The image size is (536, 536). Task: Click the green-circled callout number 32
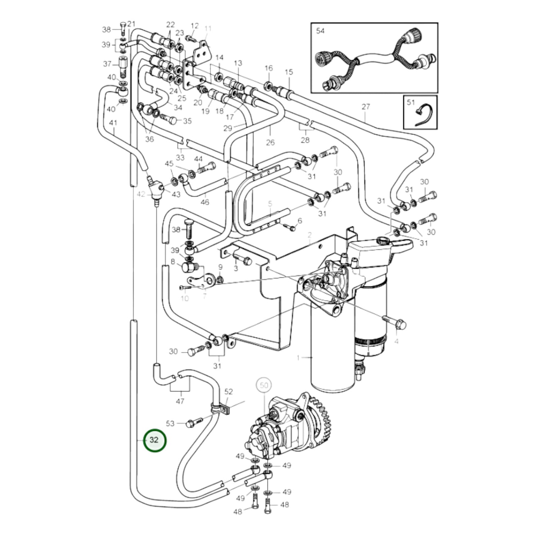click(x=154, y=440)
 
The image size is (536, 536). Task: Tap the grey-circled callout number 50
click(x=264, y=385)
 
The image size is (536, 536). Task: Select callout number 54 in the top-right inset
click(x=320, y=31)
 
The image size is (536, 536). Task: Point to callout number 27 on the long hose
click(x=366, y=107)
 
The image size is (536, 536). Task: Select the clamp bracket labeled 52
click(x=222, y=409)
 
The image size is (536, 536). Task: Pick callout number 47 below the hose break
click(x=180, y=401)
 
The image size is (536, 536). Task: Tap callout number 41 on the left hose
click(x=113, y=122)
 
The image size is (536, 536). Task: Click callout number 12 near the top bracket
click(x=195, y=26)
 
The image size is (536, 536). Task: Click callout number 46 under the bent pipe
click(x=205, y=202)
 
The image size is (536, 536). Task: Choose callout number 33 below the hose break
click(x=180, y=157)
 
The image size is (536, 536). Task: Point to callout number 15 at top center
click(x=289, y=72)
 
